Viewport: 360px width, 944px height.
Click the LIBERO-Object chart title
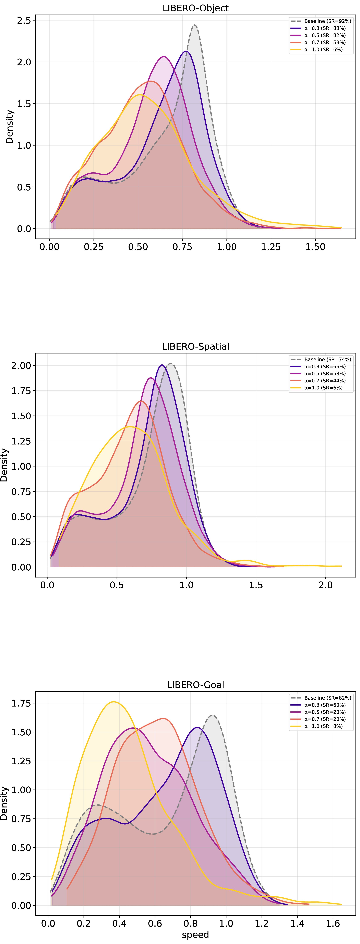[195, 8]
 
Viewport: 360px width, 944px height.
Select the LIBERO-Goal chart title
[195, 685]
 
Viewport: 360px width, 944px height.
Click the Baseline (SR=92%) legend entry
[321, 21]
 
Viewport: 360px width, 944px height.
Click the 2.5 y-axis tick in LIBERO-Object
[24, 21]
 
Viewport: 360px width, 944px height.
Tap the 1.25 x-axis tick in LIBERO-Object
[271, 247]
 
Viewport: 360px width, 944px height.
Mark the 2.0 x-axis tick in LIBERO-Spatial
[326, 585]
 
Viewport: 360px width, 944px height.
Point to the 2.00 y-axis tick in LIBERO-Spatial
[21, 365]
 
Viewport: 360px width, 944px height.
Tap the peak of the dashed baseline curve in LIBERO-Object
[195, 25]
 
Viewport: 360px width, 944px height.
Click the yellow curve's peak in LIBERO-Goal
[114, 702]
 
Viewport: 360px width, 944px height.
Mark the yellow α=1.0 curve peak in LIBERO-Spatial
[129, 427]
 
